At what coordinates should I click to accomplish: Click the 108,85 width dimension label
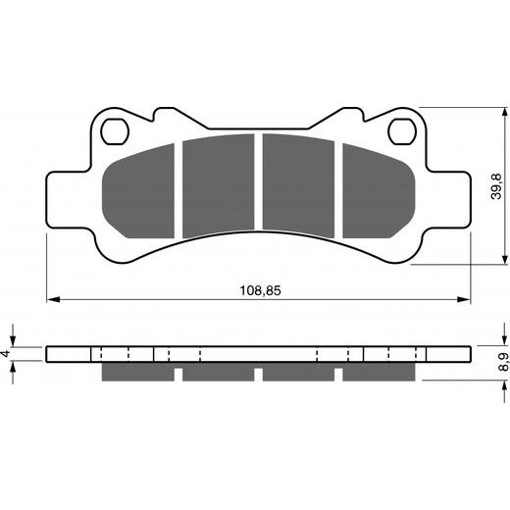pos(260,290)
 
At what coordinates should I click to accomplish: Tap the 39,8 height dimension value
pos(495,186)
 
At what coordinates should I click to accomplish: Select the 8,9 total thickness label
pos(503,362)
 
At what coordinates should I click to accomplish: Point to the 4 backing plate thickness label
pos(5,353)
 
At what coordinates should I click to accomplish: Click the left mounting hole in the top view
pos(115,131)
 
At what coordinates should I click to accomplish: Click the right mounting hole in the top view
pos(402,131)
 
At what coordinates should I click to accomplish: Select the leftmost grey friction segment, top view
pos(138,192)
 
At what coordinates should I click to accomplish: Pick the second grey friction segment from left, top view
pos(219,185)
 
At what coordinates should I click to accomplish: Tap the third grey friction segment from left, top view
pos(298,185)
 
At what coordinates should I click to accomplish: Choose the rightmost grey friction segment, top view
pos(379,192)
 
